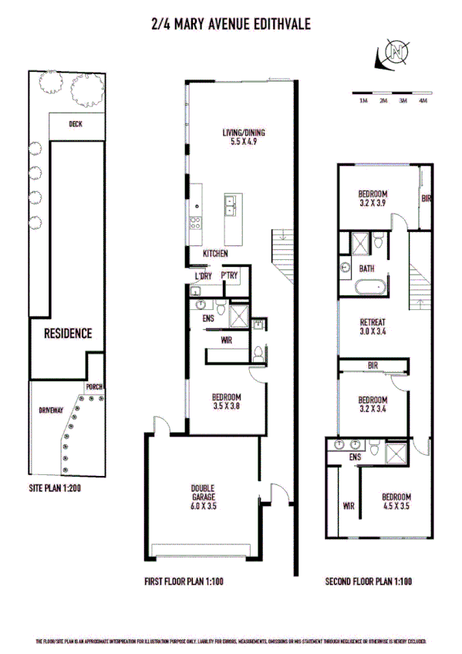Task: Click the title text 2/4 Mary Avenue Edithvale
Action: click(x=231, y=25)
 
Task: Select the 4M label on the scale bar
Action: click(x=421, y=101)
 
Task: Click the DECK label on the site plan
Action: click(x=75, y=124)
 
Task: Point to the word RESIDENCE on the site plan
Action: click(x=67, y=334)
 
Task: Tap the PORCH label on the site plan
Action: click(x=96, y=386)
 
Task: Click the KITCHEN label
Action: click(x=215, y=254)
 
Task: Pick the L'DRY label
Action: click(x=203, y=275)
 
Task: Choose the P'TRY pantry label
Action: click(x=229, y=275)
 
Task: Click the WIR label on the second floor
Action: click(x=348, y=507)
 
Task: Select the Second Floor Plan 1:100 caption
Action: click(x=369, y=582)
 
